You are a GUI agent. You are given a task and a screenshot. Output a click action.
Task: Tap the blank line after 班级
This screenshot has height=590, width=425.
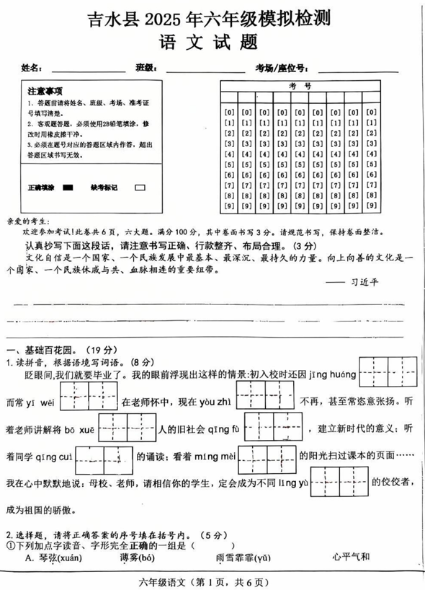click(x=205, y=71)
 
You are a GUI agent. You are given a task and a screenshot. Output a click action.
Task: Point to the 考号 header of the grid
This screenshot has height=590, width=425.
click(x=301, y=85)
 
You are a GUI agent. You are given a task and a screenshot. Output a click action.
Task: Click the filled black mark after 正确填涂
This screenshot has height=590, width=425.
click(x=68, y=187)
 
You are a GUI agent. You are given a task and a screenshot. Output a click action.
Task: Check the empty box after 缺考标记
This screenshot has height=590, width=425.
click(x=140, y=187)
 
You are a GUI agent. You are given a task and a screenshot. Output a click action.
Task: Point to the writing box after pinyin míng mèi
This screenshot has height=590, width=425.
click(x=267, y=457)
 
